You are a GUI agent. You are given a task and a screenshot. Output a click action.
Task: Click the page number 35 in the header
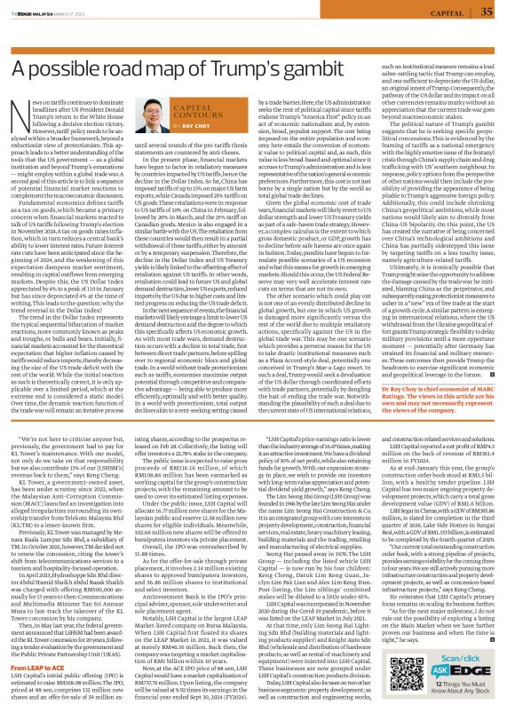(x=492, y=12)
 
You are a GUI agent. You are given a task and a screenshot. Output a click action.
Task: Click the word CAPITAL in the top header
(x=448, y=12)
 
